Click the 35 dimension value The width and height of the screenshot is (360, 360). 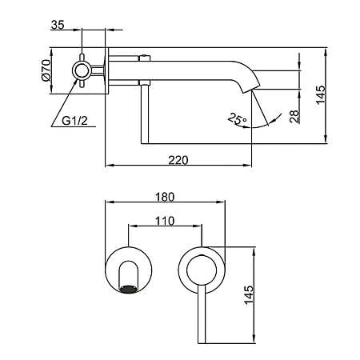58,25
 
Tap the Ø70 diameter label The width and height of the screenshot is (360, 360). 46,70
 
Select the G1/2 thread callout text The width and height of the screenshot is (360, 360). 74,121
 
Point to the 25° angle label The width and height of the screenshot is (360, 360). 237,119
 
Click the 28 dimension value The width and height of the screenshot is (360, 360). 294,117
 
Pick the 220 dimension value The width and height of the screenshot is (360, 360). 178,160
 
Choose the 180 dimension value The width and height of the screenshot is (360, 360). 165,197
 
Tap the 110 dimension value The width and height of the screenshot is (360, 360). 165,221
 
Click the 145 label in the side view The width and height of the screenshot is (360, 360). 321,95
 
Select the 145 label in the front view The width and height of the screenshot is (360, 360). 249,295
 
